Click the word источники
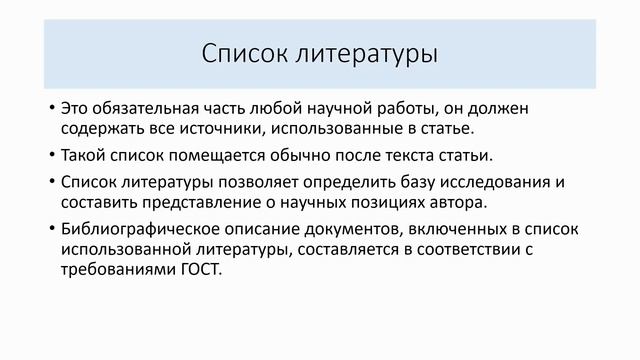point(244,128)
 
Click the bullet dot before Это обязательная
point(52,107)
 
